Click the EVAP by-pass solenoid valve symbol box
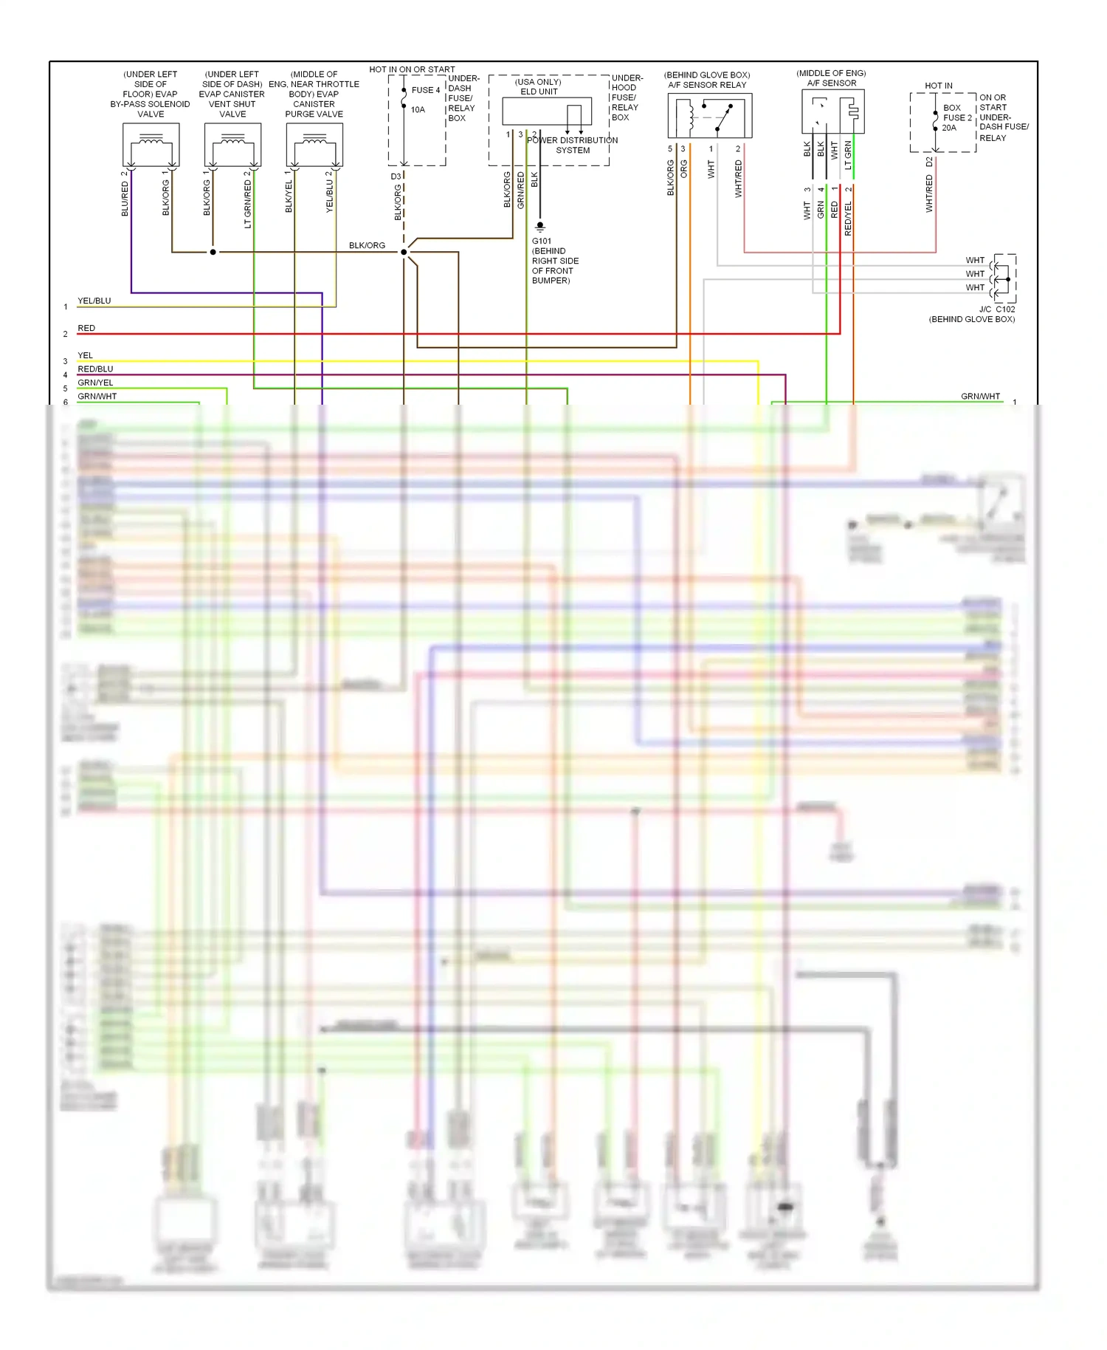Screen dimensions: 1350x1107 pos(151,145)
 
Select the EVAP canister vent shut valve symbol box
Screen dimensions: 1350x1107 pos(232,145)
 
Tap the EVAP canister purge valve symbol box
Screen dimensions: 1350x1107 pos(314,145)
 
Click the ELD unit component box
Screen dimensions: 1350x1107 pos(547,112)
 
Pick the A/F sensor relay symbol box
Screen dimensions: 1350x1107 pos(710,116)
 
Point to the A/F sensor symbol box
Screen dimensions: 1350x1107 pos(833,112)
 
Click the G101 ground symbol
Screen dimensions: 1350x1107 pos(540,227)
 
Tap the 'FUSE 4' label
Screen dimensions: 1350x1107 pos(426,90)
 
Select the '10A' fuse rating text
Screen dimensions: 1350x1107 pos(418,110)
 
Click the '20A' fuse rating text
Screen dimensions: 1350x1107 pos(949,128)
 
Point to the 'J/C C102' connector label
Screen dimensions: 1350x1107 pos(997,309)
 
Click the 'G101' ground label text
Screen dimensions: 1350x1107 pos(542,241)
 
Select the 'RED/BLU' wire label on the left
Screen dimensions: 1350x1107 pos(95,369)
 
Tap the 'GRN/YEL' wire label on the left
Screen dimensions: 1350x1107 pos(95,383)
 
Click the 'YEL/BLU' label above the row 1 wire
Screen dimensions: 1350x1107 pos(94,301)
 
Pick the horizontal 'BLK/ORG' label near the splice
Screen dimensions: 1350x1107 pos(367,245)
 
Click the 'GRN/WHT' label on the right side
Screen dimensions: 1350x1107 pos(980,397)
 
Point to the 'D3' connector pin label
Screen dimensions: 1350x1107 pos(396,177)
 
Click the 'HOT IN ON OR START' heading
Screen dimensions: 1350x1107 pos(412,69)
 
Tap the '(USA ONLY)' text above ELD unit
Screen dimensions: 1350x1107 pos(538,82)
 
